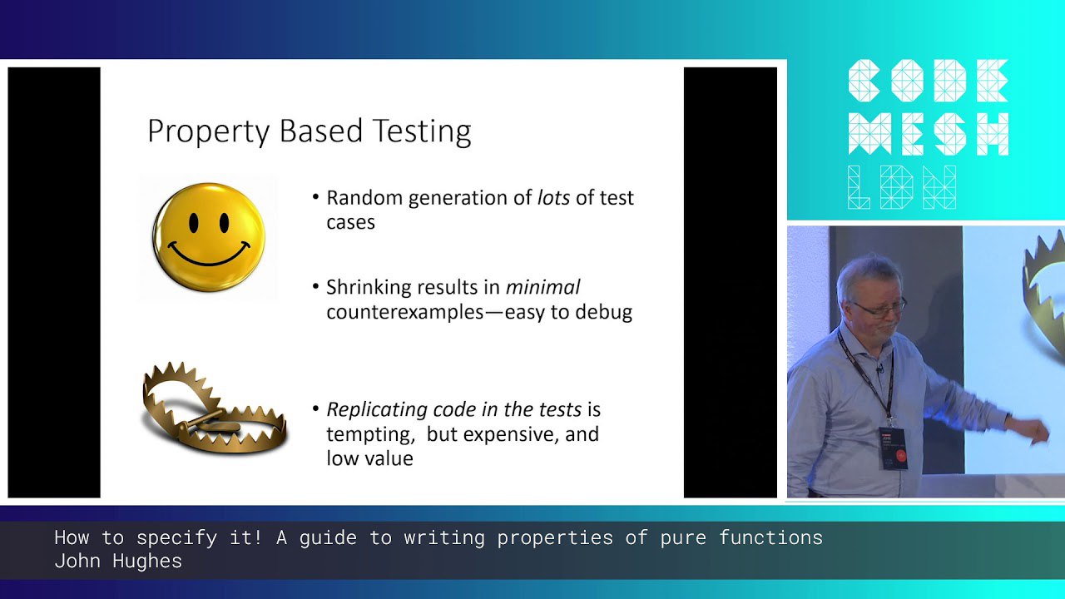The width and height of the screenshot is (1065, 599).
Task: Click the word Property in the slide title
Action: click(x=208, y=131)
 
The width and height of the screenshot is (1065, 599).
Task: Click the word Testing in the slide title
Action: click(x=421, y=131)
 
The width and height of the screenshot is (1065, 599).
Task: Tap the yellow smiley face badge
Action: click(x=209, y=237)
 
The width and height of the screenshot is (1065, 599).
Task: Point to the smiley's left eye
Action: click(x=194, y=223)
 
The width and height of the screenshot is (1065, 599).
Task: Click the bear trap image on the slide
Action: click(x=215, y=407)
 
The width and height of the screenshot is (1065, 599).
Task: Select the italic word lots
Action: click(x=553, y=198)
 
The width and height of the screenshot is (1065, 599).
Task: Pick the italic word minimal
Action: click(x=542, y=287)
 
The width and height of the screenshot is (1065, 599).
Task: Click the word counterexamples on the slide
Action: click(x=404, y=313)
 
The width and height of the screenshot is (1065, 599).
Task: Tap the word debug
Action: click(x=604, y=312)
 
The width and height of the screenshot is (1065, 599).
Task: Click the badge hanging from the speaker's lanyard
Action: click(x=893, y=447)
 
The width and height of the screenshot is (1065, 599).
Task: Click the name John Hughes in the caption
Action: click(x=118, y=561)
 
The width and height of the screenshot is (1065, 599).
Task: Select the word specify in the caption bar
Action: click(x=176, y=538)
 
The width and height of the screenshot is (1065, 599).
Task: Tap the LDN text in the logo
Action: click(x=902, y=187)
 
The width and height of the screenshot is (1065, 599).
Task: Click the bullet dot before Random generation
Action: click(x=315, y=197)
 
